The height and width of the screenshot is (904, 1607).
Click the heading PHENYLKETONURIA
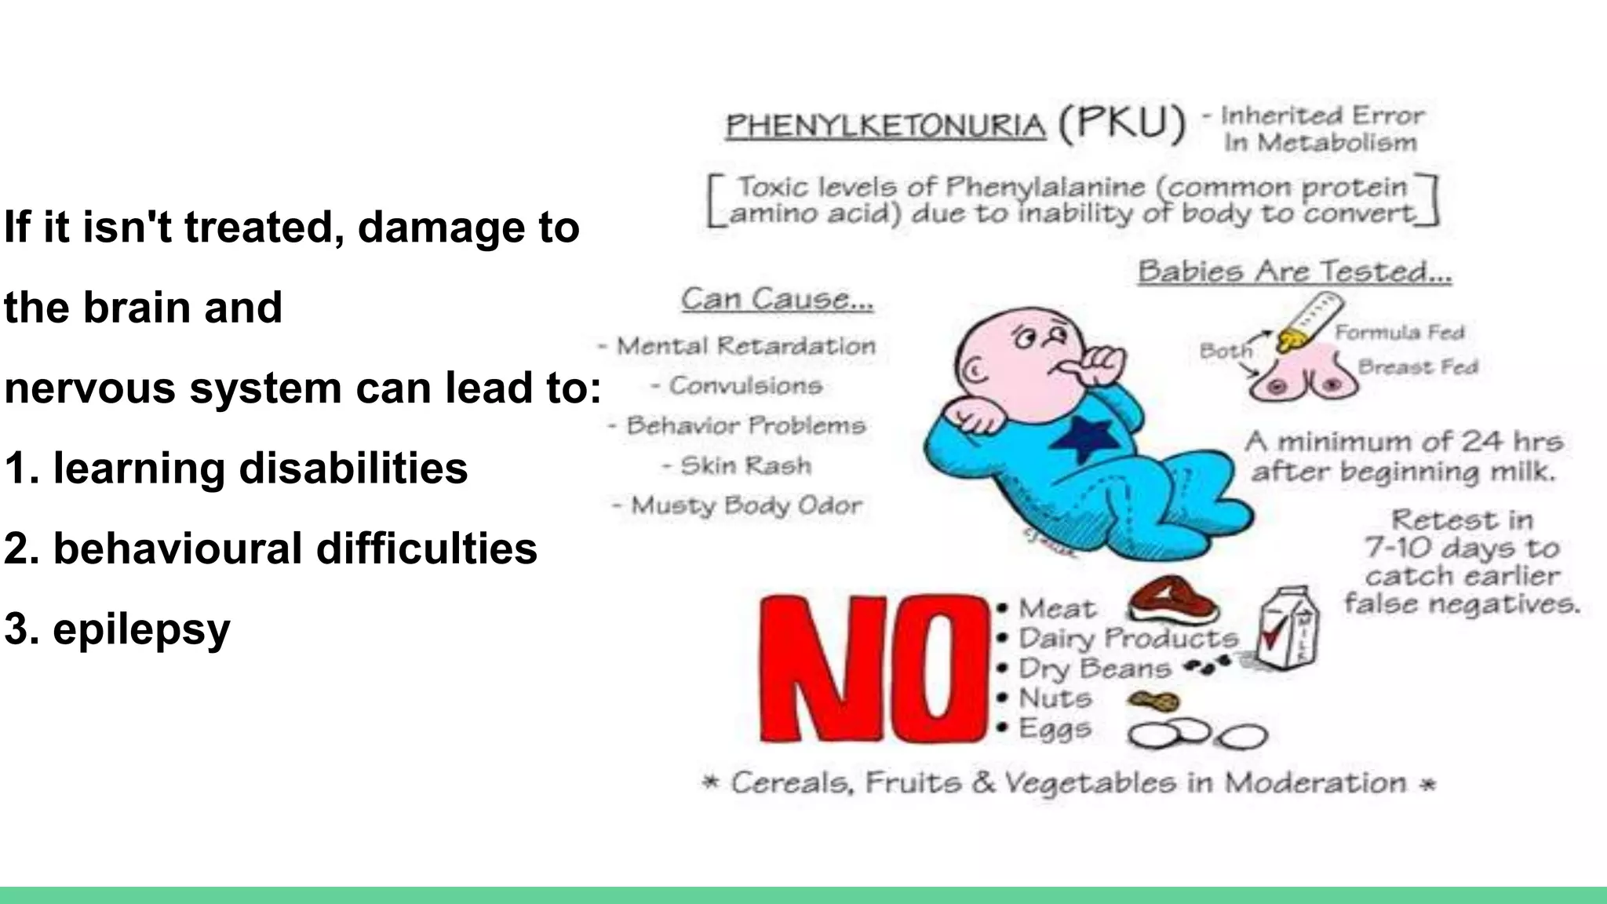(x=885, y=126)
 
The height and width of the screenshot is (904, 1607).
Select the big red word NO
(x=873, y=669)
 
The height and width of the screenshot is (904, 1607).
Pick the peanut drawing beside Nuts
(x=1153, y=701)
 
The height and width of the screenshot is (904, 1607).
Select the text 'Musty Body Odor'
(x=745, y=505)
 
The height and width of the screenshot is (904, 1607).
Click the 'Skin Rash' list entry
(x=745, y=465)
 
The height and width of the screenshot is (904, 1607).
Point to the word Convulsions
(x=745, y=386)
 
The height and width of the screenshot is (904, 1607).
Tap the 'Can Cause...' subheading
(x=777, y=299)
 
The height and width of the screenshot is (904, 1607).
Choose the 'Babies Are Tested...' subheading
(x=1295, y=272)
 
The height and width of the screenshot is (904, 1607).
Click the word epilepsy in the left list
(x=141, y=629)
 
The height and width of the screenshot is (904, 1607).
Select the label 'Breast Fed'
(x=1417, y=367)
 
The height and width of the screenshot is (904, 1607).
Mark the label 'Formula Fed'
(x=1399, y=333)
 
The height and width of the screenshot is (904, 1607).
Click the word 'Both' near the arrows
(x=1225, y=351)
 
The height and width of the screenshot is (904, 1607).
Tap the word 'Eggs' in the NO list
(x=1055, y=728)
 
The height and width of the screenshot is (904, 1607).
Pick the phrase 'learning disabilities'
(x=261, y=468)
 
